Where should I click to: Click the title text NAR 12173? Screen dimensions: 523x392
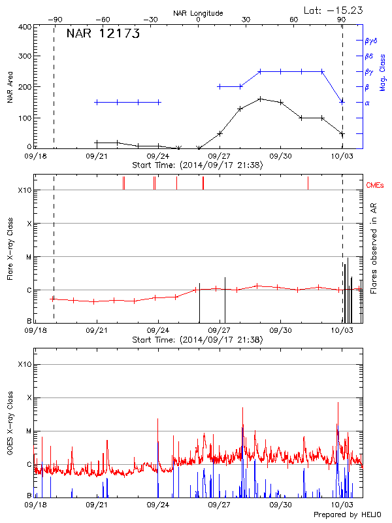pos(103,35)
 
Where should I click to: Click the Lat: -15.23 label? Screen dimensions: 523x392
pos(334,10)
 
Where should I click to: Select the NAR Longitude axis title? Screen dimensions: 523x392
pos(198,13)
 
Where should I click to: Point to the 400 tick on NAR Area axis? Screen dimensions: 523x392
pos(25,27)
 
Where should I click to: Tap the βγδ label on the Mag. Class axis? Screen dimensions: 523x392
pos(371,41)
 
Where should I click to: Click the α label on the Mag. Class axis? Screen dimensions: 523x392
pos(367,103)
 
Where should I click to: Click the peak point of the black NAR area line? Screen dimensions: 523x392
pos(260,99)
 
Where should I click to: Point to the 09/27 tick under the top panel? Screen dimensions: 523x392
pos(220,157)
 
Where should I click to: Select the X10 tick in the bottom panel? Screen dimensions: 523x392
pos(24,364)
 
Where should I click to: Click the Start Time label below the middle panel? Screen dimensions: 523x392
pos(197,340)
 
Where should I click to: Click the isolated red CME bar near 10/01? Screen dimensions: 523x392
pos(308,183)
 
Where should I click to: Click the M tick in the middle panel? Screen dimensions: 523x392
pos(28,257)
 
